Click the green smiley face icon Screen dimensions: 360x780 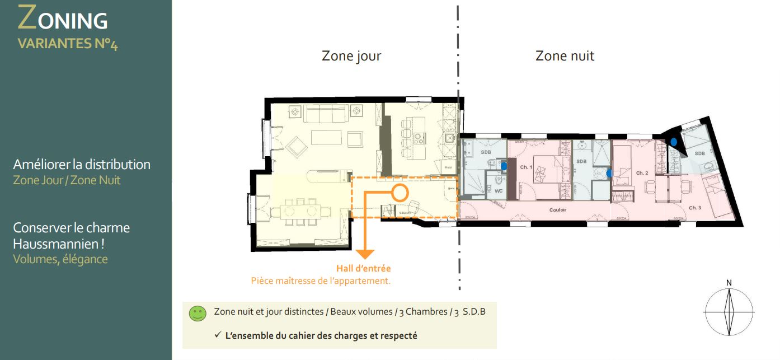[198, 314]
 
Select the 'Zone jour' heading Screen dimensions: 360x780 [351, 56]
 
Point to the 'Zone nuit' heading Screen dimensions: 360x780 [565, 56]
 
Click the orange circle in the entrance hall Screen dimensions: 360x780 [399, 193]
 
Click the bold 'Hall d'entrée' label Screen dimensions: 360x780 [363, 269]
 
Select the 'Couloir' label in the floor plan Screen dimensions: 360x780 [558, 210]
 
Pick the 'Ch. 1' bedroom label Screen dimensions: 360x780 [526, 167]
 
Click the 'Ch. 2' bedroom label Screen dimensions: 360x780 [642, 173]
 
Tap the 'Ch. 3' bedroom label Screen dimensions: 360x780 [695, 208]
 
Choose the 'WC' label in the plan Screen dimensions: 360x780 [498, 190]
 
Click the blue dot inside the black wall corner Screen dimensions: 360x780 [674, 142]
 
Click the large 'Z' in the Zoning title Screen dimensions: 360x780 [28, 18]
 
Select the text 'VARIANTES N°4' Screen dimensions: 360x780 [67, 44]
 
